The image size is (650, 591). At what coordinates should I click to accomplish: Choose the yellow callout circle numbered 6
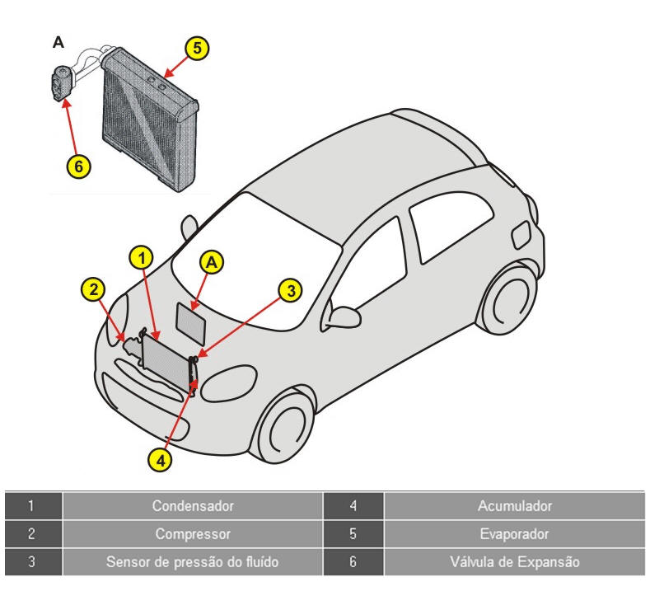point(77,165)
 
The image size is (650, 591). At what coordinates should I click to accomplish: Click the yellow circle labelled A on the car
point(213,261)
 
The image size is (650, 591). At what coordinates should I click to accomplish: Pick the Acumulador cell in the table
point(514,505)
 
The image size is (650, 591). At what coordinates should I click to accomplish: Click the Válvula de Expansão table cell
point(514,563)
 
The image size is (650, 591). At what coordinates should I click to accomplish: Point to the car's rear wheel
point(507,297)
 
